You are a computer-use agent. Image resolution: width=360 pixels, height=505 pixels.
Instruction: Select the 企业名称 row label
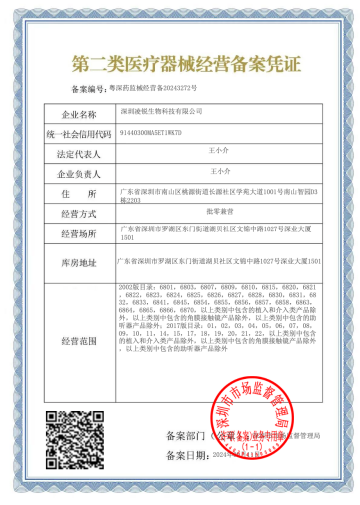(x=79, y=114)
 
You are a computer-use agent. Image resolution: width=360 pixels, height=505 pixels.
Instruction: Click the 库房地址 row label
(x=79, y=263)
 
